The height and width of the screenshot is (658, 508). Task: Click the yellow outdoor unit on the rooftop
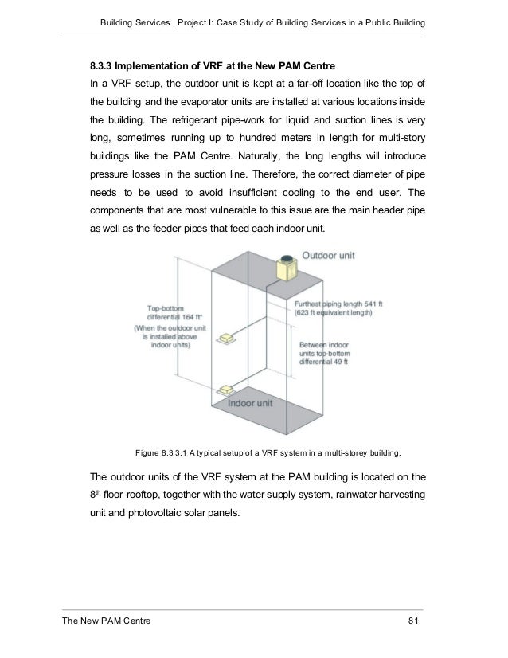tap(285, 268)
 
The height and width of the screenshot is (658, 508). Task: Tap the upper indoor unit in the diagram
tap(229, 339)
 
